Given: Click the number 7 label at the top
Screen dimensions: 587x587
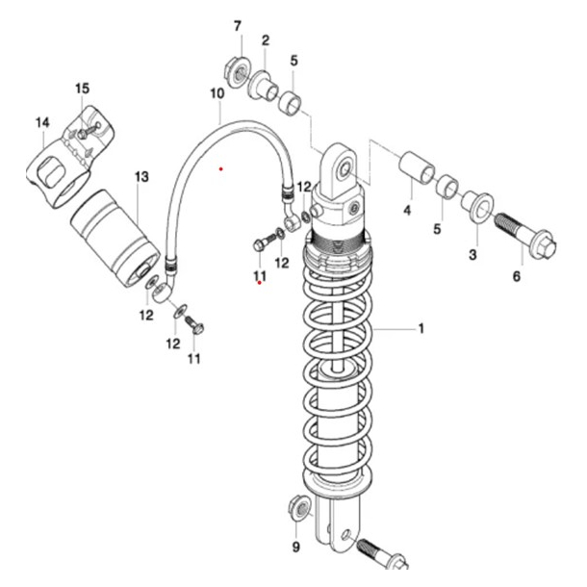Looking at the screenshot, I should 238,25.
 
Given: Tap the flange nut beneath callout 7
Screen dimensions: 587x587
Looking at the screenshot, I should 235,68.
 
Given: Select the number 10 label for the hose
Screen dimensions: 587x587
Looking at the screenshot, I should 217,93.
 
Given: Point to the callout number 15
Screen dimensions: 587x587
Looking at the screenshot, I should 82,89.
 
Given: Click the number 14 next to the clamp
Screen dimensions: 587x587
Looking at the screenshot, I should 41,122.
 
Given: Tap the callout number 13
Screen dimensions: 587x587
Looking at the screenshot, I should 141,177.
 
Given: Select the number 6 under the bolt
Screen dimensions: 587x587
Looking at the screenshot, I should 516,276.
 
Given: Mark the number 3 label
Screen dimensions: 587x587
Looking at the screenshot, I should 472,254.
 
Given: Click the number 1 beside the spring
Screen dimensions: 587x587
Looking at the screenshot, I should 421,329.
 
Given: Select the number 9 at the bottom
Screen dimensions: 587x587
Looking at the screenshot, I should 296,550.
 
